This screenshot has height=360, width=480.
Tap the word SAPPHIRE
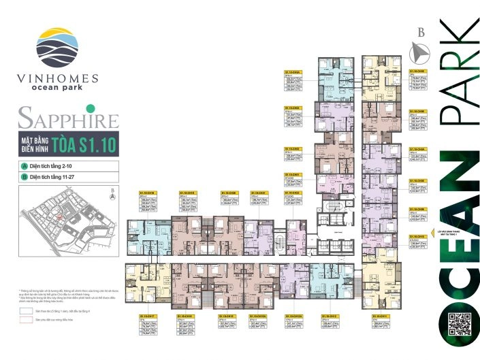coord(68,120)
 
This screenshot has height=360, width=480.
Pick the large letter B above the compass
coord(421,31)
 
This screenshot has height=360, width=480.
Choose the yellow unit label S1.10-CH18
coord(148,193)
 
